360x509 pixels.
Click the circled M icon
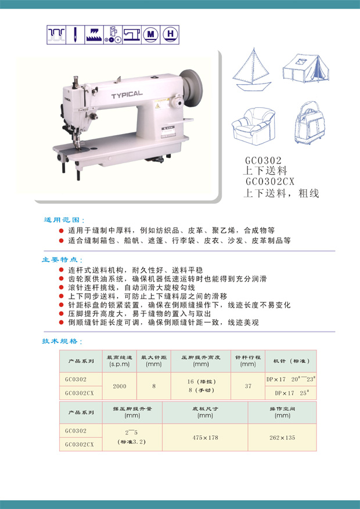pos(150,34)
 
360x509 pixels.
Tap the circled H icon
pos(170,34)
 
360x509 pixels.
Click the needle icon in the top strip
pos(75,35)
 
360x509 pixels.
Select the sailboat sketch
pos(252,70)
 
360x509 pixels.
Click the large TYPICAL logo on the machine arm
pos(127,95)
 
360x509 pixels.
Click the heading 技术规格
pos(62,341)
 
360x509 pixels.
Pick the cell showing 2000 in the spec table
pos(120,386)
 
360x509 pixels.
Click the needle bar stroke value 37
pos(248,386)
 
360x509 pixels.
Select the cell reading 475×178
pos(205,437)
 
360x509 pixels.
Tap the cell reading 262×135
pos(282,437)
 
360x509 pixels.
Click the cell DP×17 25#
pos(291,393)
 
